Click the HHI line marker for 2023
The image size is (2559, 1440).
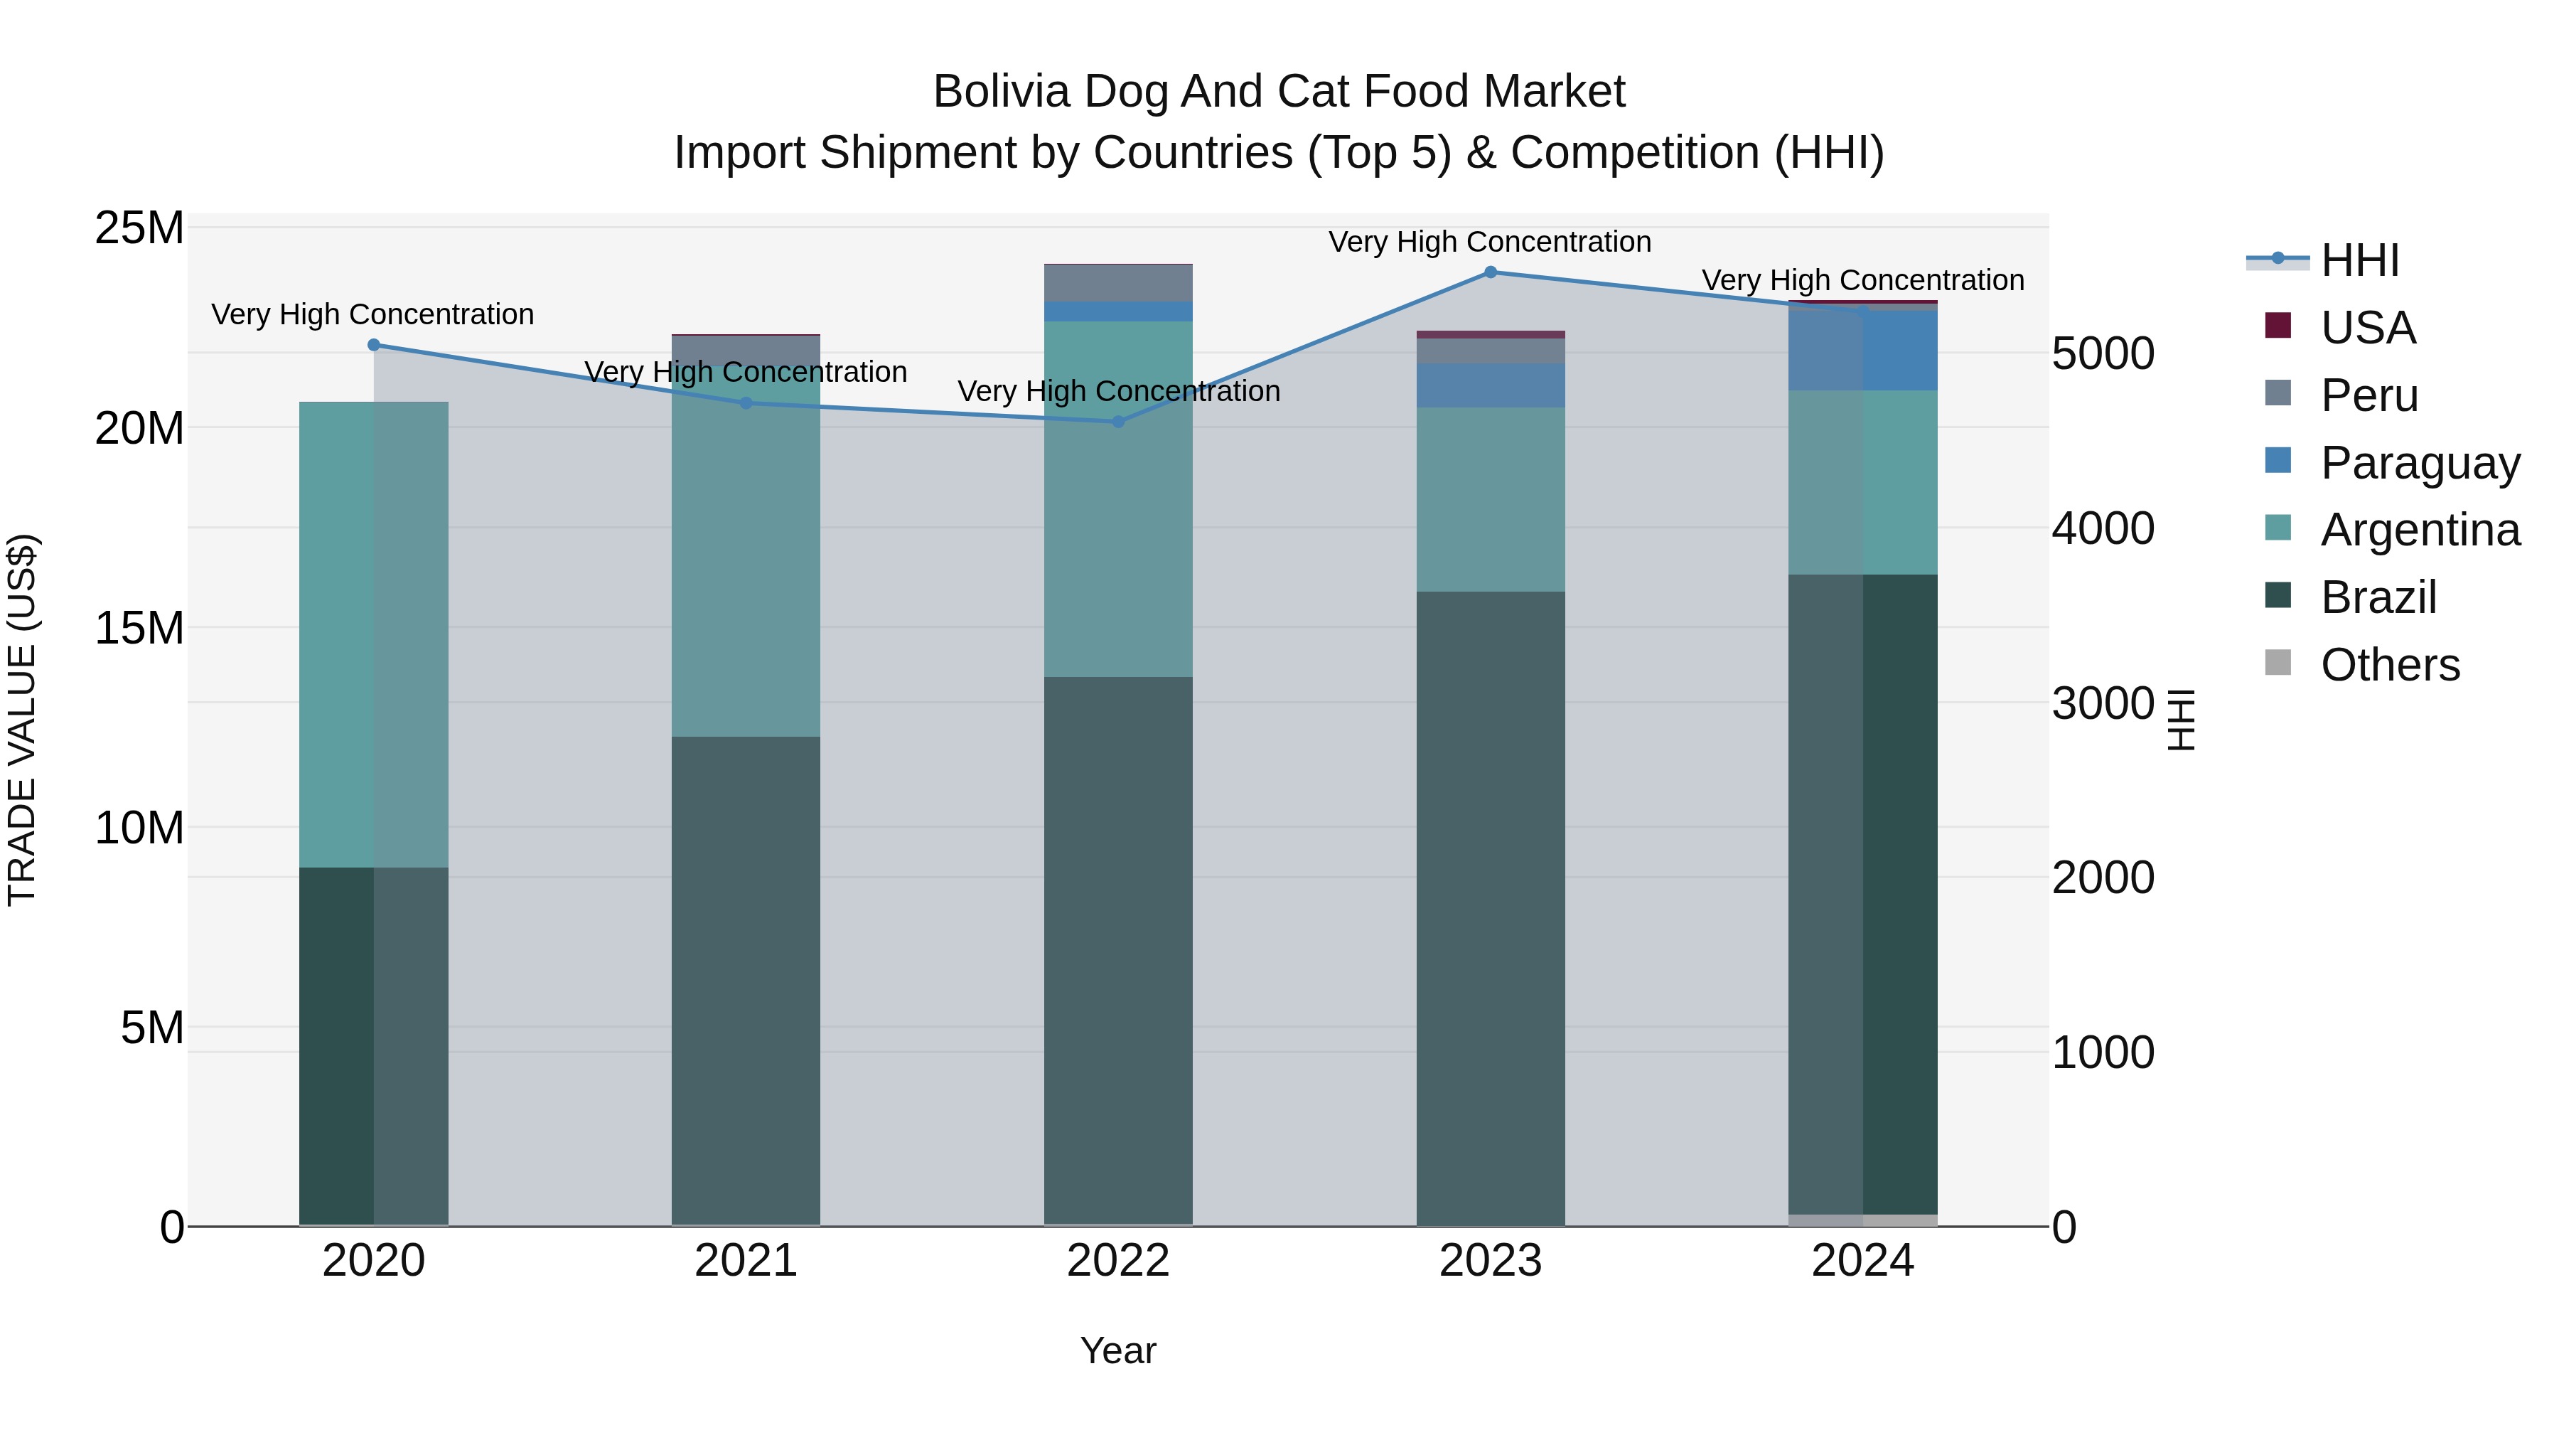click(1490, 272)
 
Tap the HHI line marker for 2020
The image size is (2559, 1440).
click(373, 345)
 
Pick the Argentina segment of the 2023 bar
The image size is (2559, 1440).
click(1490, 499)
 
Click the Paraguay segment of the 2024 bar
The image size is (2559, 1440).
click(1862, 350)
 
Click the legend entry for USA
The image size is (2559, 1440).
click(2367, 328)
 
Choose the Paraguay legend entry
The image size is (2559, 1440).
click(2419, 463)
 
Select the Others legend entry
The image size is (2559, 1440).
click(2389, 665)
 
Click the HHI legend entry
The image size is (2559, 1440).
click(2359, 260)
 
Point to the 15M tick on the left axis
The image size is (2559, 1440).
click(139, 628)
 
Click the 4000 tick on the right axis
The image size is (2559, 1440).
click(2103, 528)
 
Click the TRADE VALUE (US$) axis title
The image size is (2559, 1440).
click(22, 720)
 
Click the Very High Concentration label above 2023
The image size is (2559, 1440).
click(1489, 242)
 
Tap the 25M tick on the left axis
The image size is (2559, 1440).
click(139, 228)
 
